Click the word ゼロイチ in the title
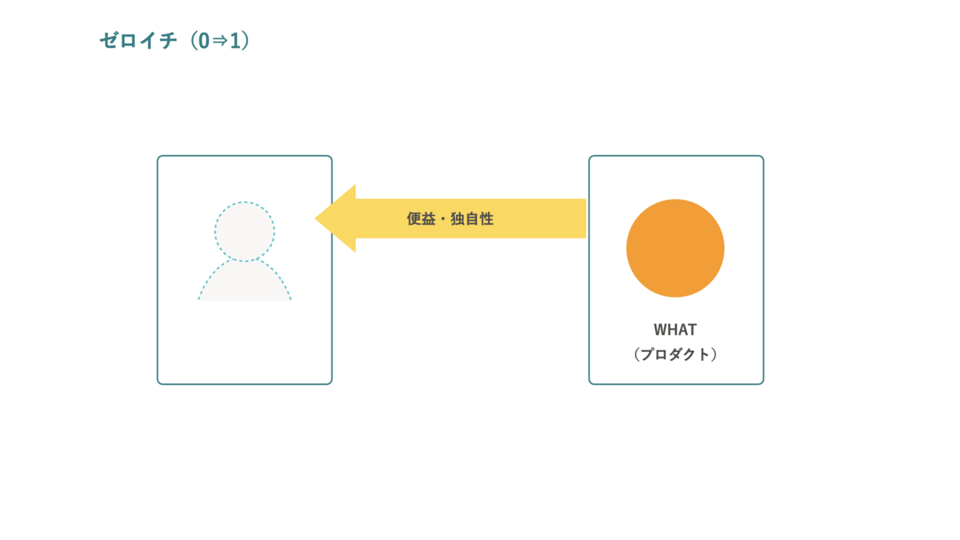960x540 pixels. [x=138, y=41]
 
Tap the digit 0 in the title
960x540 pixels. [x=203, y=41]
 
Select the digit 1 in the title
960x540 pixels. [x=234, y=41]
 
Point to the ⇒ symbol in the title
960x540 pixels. [x=220, y=41]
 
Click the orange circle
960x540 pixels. [x=675, y=248]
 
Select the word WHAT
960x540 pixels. [x=675, y=330]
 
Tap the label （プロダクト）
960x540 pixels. [x=675, y=354]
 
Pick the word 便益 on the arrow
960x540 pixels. [x=421, y=219]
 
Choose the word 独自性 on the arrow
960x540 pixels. [x=472, y=219]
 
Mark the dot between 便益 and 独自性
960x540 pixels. [x=442, y=219]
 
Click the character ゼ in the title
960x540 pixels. [x=109, y=41]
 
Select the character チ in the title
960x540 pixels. [x=167, y=41]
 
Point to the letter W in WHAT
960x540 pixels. [x=661, y=330]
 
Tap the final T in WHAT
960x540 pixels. [x=692, y=330]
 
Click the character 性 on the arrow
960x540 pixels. [x=486, y=219]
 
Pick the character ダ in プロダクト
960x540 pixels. [x=675, y=354]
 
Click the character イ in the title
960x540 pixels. [x=148, y=41]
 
